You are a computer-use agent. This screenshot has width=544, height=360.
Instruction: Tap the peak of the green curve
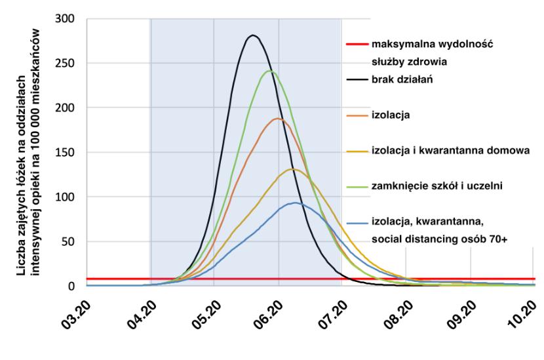pyautogui.click(x=269, y=71)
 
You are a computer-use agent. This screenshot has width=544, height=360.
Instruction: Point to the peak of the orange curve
pyautogui.click(x=277, y=119)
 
